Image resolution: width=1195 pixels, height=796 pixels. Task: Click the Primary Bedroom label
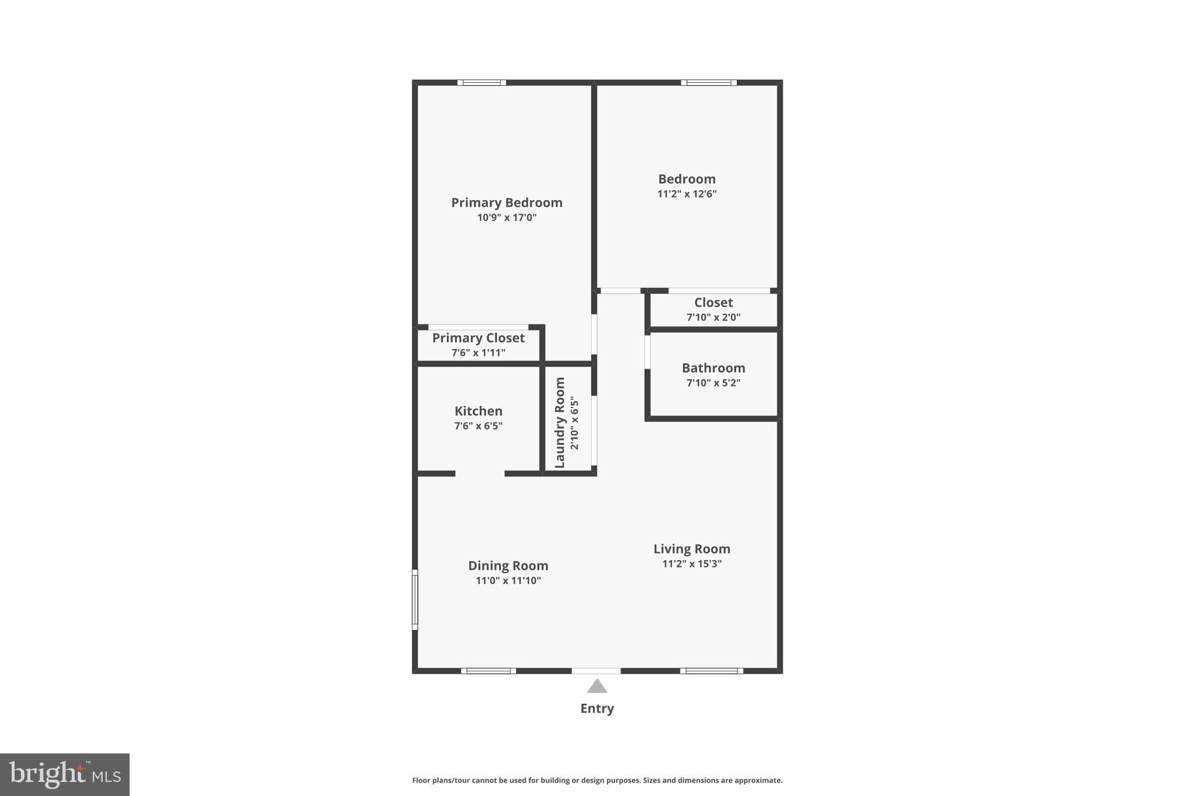[506, 202]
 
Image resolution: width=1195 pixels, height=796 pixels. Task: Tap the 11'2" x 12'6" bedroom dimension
[687, 194]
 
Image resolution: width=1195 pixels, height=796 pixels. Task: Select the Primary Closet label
[478, 338]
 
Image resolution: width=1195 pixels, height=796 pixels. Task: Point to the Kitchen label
[478, 411]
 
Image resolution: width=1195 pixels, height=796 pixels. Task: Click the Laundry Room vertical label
[560, 422]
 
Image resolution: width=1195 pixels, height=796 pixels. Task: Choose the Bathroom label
[713, 368]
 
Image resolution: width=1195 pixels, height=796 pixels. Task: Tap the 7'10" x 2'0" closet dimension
[713, 317]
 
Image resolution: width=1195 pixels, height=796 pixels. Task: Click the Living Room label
[691, 549]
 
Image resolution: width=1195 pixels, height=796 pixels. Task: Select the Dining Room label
[508, 566]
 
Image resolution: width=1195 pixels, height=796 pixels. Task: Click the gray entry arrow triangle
[596, 686]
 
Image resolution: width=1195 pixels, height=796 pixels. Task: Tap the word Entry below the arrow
[596, 709]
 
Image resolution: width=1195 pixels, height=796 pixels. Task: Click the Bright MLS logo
[65, 774]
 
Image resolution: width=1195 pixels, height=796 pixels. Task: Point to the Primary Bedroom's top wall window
[481, 83]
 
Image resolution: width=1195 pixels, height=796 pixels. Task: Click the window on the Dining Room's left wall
[415, 599]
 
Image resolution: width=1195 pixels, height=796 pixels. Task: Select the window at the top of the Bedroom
[708, 83]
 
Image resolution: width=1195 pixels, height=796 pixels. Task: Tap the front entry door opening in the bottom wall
[596, 671]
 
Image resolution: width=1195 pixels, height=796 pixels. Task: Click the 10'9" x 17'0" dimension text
[506, 218]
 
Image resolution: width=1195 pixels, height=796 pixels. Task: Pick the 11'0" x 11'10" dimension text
[508, 580]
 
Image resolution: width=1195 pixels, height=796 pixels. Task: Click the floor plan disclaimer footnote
[597, 780]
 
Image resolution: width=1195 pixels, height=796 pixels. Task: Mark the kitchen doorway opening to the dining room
[480, 474]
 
